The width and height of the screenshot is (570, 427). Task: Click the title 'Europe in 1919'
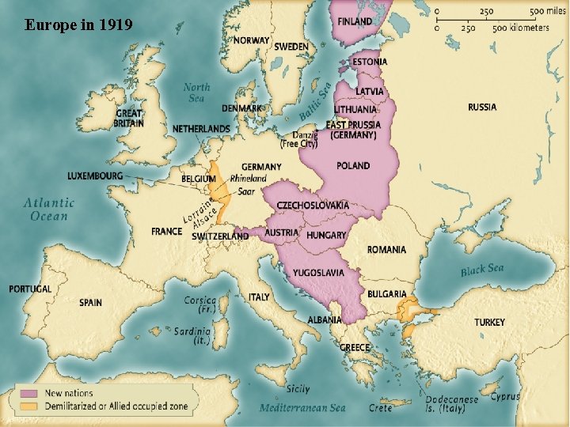pyautogui.click(x=78, y=25)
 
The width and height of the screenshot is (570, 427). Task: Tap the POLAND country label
pyautogui.click(x=353, y=166)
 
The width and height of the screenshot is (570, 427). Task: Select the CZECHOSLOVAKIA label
pyautogui.click(x=312, y=206)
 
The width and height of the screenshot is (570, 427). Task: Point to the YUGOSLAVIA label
pyautogui.click(x=318, y=273)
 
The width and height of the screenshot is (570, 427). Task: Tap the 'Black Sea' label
pyautogui.click(x=481, y=270)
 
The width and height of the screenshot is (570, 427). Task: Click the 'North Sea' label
pyautogui.click(x=196, y=93)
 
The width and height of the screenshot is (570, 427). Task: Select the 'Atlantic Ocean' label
pyautogui.click(x=49, y=209)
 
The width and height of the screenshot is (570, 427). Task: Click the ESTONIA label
pyautogui.click(x=369, y=62)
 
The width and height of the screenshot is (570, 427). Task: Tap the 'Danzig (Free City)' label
pyautogui.click(x=299, y=139)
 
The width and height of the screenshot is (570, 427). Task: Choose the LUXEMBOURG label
pyautogui.click(x=95, y=176)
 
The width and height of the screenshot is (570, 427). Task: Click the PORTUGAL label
pyautogui.click(x=30, y=289)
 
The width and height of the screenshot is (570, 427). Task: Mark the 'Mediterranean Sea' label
pyautogui.click(x=303, y=408)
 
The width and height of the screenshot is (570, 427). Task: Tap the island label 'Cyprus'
pyautogui.click(x=506, y=396)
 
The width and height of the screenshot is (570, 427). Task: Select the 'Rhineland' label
pyautogui.click(x=248, y=179)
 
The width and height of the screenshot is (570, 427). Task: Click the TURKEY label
pyautogui.click(x=489, y=323)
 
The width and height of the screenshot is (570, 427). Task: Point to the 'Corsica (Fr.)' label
pyautogui.click(x=199, y=305)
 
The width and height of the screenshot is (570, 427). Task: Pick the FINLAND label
pyautogui.click(x=355, y=21)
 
